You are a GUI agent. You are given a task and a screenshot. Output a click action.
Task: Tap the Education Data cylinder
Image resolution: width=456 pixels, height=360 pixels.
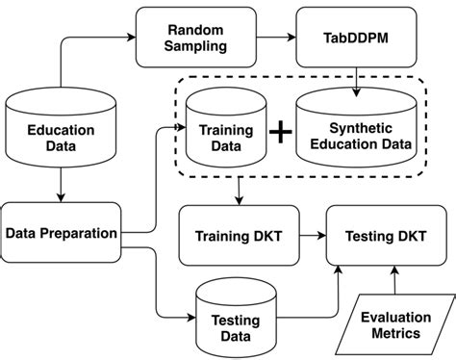tap(60, 133)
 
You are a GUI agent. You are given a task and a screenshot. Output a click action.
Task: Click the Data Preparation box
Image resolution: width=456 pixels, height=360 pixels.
tap(61, 233)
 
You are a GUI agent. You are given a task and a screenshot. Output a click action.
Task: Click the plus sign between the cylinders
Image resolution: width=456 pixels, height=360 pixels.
tap(280, 135)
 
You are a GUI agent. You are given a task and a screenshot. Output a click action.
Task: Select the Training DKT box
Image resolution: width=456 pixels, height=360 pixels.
tap(236, 234)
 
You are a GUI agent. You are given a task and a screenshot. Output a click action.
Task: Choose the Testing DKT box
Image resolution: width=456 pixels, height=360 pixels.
tap(387, 234)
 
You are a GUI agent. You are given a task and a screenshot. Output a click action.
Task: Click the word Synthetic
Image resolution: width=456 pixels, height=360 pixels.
tap(357, 126)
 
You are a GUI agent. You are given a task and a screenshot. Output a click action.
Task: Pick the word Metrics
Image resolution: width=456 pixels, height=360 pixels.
tap(390, 334)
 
